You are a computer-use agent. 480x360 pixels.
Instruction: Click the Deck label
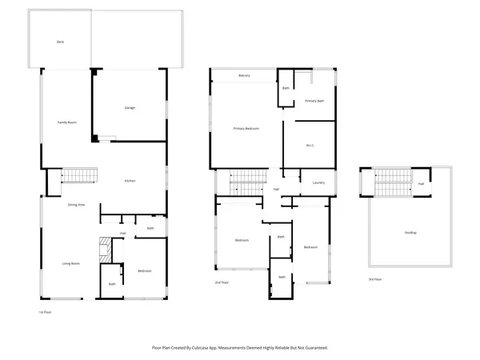(59, 42)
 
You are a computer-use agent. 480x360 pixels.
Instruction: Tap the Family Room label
(66, 122)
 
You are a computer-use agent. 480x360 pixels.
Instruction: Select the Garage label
(129, 107)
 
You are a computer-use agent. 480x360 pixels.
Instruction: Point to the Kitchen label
(130, 181)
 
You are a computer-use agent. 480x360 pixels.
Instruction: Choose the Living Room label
(71, 262)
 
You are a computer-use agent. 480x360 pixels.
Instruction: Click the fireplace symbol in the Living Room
(102, 250)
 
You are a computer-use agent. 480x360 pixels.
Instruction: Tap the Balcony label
(245, 76)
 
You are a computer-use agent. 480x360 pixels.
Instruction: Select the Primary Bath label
(314, 101)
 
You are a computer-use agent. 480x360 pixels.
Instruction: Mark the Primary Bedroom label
(246, 128)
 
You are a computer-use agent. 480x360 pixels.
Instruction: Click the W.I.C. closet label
(311, 145)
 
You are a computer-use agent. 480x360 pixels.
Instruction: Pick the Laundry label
(318, 182)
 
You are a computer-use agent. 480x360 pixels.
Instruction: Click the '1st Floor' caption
(46, 312)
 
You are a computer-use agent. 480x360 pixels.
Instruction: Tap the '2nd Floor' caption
(222, 283)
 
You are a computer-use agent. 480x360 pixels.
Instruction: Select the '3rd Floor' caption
(375, 278)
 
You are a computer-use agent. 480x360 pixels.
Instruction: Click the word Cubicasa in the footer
(210, 348)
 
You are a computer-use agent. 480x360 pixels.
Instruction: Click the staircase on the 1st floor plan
(79, 176)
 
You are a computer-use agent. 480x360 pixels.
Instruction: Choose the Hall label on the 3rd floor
(421, 183)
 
